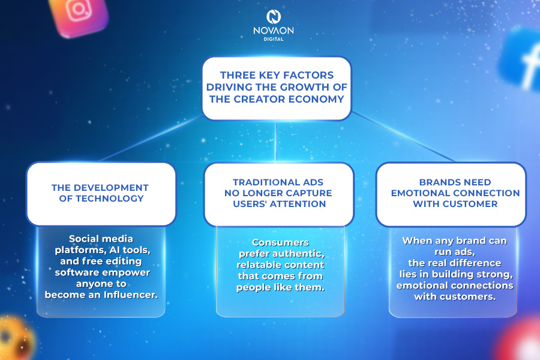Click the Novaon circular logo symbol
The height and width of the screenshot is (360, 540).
(274, 17)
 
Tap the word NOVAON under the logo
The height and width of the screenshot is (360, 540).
(274, 31)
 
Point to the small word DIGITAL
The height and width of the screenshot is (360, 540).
(274, 39)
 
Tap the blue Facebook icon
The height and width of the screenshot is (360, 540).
(521, 59)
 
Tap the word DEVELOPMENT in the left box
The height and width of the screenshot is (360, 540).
(111, 188)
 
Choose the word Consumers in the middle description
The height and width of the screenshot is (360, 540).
(280, 242)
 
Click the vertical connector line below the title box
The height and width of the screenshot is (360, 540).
(276, 141)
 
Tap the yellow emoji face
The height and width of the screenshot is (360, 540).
(14, 338)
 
